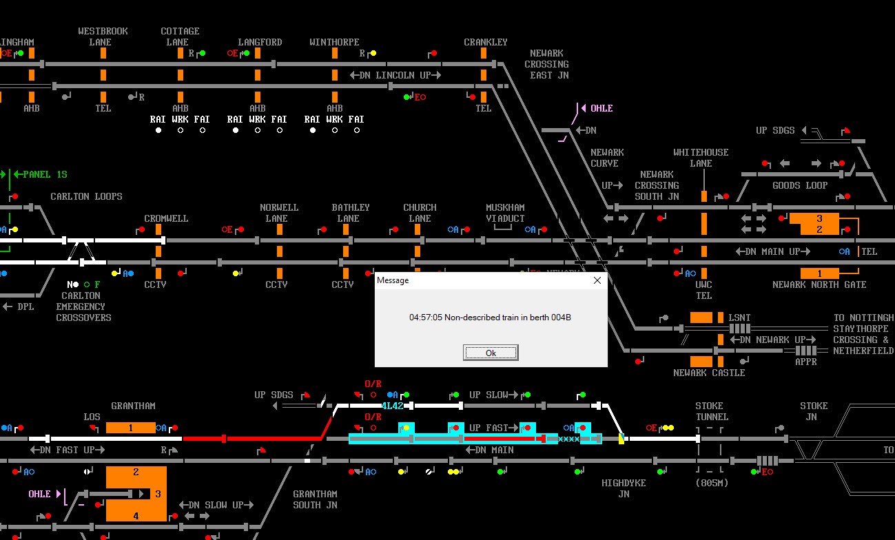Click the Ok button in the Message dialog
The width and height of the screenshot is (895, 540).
coord(491,353)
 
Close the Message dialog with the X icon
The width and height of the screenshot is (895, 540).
coord(597,280)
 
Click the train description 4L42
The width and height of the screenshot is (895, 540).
coord(392,406)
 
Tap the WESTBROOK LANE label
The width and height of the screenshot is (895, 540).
coord(103,37)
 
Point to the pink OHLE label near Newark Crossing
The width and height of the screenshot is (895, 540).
coord(601,108)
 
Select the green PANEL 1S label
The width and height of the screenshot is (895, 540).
coord(45,174)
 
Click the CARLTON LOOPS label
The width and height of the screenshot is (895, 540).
coord(86,196)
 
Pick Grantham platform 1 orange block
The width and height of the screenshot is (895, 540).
coord(131,428)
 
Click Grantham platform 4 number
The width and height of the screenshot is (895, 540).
coord(136,516)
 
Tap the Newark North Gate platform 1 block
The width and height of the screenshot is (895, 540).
coord(819,273)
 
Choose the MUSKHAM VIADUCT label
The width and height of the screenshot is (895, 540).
coord(505,213)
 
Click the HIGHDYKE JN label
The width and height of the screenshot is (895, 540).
coord(624,488)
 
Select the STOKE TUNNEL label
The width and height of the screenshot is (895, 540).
coord(712,411)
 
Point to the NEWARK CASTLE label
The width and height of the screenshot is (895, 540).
coord(709,373)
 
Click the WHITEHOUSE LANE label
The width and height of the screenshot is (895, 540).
coord(701,158)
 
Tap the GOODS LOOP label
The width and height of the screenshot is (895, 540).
coord(799,185)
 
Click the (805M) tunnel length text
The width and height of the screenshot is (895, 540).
coord(712,483)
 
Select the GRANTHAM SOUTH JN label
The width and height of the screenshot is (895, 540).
coord(315,499)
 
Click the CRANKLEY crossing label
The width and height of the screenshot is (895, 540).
coord(486,42)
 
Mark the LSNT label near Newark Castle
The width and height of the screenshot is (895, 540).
coord(739,318)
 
